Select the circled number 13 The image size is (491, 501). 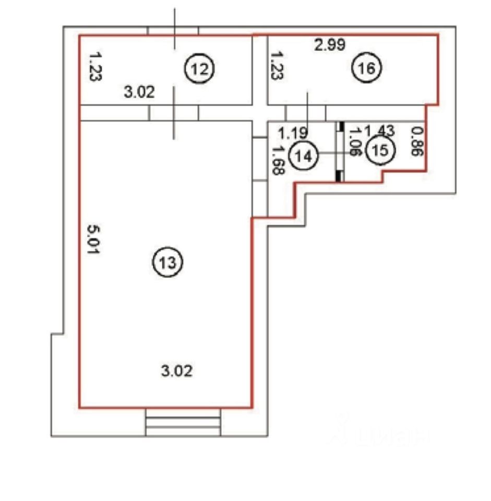167,262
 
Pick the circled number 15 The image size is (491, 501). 380,150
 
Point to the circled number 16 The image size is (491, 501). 367,68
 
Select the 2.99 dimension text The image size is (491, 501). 329,45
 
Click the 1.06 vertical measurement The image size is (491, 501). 355,142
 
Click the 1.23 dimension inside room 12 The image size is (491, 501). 94,66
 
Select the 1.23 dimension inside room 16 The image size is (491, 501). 277,66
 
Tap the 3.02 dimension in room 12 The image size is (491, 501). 139,93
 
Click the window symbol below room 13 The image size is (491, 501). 183,422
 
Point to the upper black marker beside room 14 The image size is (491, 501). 340,127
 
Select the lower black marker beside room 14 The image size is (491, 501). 340,176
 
